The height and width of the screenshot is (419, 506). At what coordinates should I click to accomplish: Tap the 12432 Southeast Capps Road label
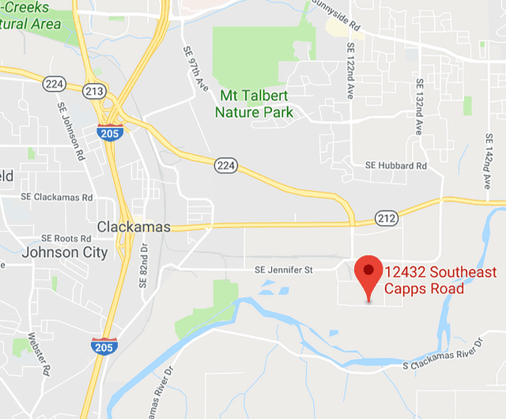point(440,281)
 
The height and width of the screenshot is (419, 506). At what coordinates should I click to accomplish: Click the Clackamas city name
point(134,227)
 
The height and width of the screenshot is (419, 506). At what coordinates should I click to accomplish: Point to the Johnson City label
point(66,253)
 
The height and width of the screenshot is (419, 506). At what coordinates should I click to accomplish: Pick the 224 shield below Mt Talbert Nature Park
point(225,164)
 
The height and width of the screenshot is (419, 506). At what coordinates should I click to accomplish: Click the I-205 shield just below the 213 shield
point(109,133)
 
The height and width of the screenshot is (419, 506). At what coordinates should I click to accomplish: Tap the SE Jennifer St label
point(285,270)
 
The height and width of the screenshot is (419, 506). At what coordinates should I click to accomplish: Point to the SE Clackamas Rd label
point(57,197)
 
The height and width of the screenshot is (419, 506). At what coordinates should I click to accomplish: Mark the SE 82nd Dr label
point(144,266)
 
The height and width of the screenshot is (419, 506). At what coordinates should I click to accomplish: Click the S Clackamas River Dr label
point(442,357)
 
